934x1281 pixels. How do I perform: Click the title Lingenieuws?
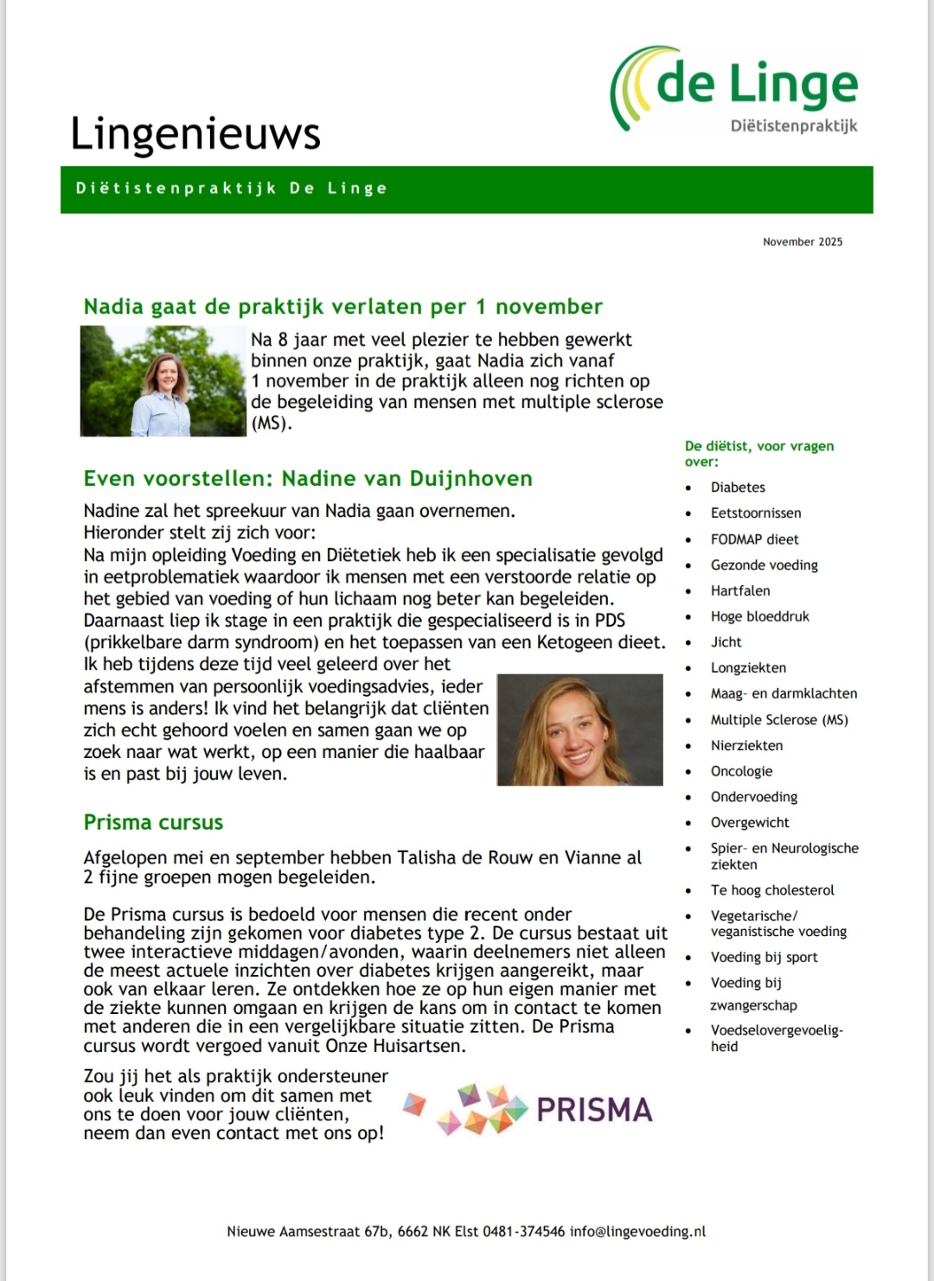pos(195,134)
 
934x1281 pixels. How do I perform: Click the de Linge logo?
pos(735,90)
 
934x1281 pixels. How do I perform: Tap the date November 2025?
pos(802,242)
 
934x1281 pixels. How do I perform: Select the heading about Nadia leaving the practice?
pos(342,307)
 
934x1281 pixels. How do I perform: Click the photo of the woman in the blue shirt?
pos(163,381)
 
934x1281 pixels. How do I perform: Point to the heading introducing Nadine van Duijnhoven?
pos(308,479)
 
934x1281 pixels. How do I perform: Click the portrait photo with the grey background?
pos(579,730)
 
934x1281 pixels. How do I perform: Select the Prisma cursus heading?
pos(153,823)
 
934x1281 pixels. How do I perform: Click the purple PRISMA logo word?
pos(594,1110)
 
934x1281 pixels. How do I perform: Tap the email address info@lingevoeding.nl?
pos(637,1232)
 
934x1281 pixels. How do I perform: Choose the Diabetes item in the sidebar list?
pos(738,488)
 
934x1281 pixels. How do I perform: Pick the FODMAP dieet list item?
pos(754,539)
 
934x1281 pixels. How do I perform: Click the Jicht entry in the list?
pos(726,642)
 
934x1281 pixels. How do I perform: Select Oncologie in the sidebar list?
pos(741,771)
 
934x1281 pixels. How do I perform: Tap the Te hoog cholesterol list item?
pos(771,890)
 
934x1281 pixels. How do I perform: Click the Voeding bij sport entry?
pos(764,957)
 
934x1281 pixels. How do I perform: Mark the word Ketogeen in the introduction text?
pos(575,642)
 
